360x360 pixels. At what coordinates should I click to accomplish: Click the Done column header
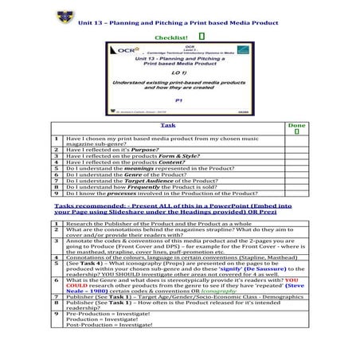295,126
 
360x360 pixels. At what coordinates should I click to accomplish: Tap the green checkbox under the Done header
296,133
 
